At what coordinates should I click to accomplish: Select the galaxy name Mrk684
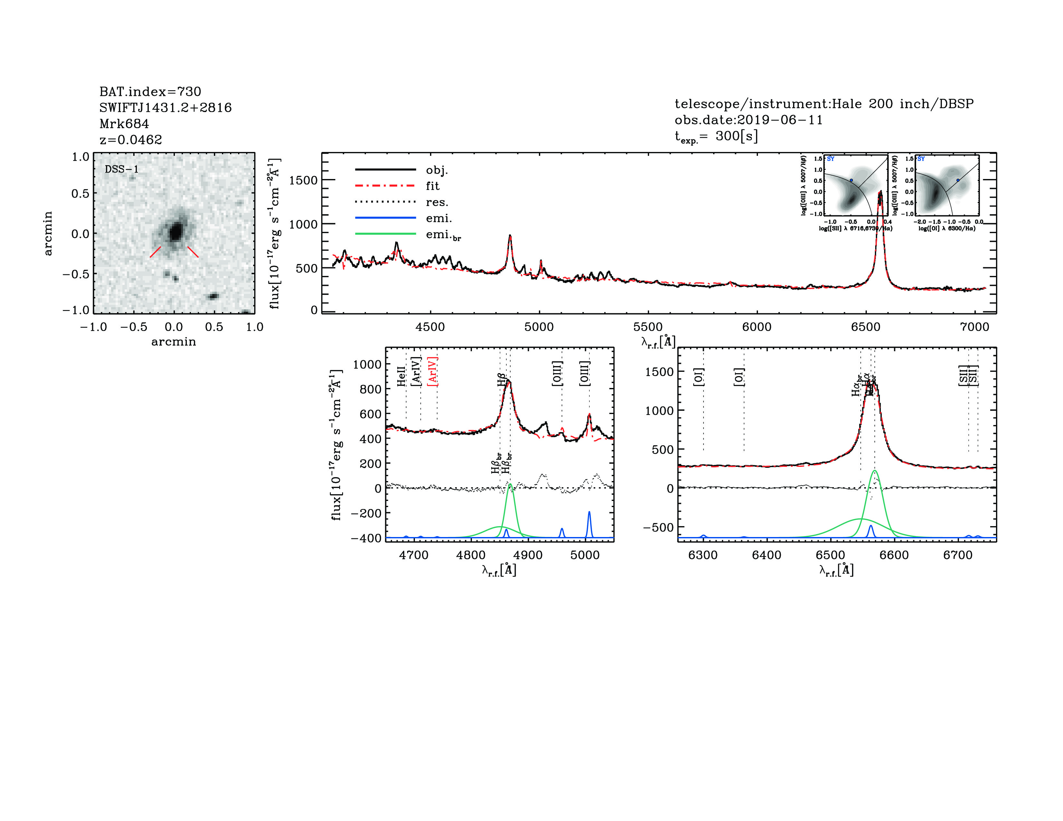point(124,124)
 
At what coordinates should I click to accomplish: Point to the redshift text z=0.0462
point(130,140)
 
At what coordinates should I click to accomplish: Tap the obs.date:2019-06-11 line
point(748,120)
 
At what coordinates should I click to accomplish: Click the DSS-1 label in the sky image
point(122,169)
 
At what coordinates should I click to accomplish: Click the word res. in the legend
point(436,202)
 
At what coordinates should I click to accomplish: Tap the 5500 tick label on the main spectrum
point(648,327)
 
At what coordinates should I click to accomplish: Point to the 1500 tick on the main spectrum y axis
point(303,180)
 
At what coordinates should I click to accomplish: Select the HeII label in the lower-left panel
point(401,376)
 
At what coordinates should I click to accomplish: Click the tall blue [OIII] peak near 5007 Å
point(589,513)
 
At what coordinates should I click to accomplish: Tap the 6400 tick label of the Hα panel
point(767,555)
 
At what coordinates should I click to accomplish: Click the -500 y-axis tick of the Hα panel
point(658,528)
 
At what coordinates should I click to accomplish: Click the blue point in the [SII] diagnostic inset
point(851,180)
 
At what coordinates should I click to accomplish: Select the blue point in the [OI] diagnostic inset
point(958,180)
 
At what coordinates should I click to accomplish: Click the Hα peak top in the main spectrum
point(880,193)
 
